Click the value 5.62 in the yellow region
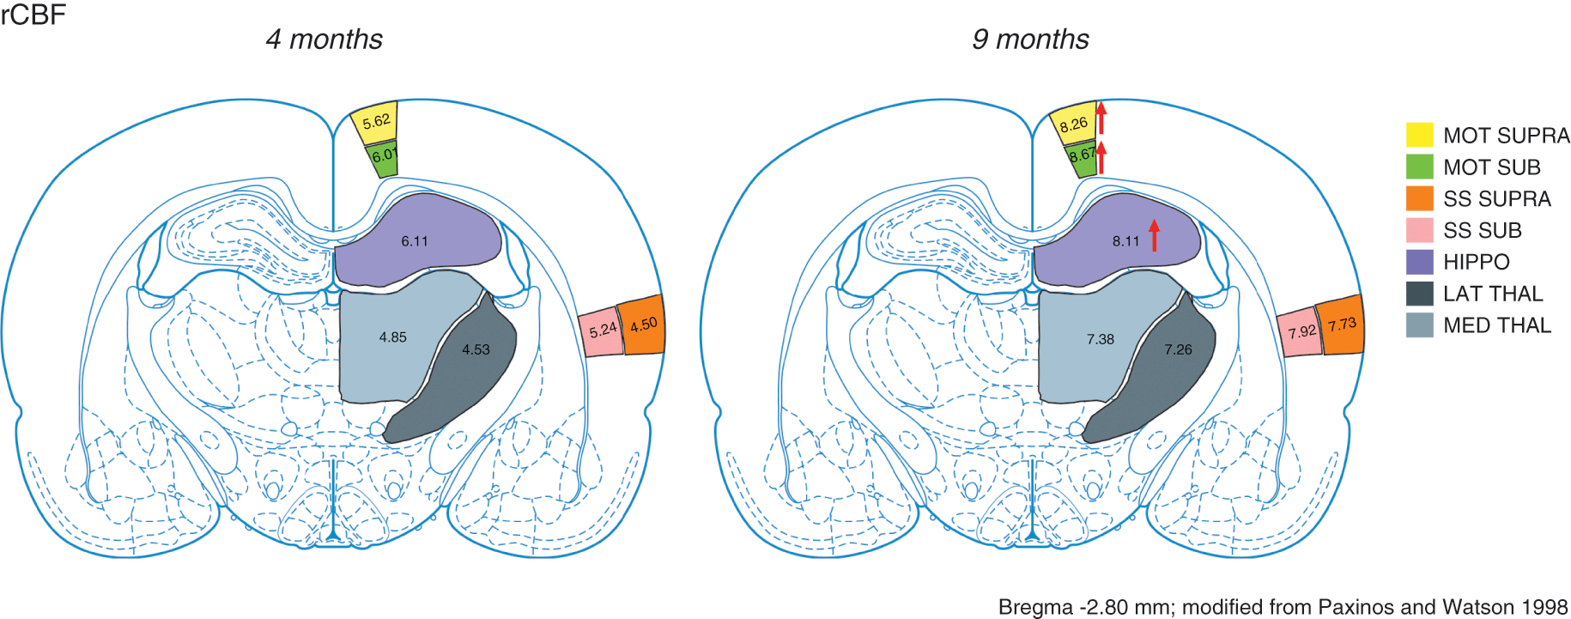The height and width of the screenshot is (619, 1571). click(376, 122)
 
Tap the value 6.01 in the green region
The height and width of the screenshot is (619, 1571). click(384, 156)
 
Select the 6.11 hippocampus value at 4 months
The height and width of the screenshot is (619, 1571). click(415, 241)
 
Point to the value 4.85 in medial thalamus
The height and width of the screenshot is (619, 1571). click(393, 337)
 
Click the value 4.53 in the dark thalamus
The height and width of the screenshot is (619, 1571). click(476, 349)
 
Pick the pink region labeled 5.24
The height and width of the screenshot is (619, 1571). click(603, 330)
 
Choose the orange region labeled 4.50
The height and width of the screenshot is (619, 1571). click(643, 325)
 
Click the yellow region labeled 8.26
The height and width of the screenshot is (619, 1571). click(1073, 125)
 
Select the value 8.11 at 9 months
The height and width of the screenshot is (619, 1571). click(1125, 241)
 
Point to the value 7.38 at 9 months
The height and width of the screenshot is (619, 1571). click(1100, 339)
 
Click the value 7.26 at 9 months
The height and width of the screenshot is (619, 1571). click(1178, 349)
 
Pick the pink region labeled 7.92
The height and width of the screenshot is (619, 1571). click(1301, 331)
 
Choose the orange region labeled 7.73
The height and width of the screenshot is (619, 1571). click(1342, 325)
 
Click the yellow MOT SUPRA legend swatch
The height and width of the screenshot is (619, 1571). click(1419, 135)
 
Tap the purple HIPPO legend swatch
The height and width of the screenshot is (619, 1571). click(1419, 262)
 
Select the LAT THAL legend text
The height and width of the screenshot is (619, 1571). click(1493, 294)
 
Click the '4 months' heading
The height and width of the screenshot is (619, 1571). click(324, 39)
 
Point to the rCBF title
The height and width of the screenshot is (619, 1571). click(33, 15)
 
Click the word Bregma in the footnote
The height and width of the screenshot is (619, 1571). click(1035, 607)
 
